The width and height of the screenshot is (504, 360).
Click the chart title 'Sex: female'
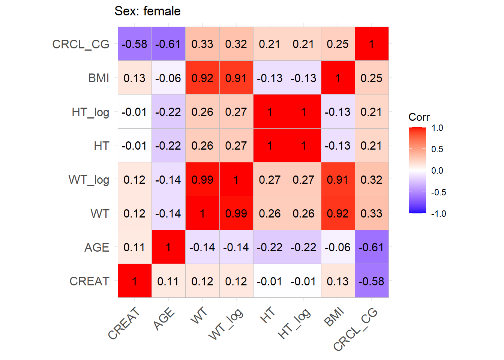(x=147, y=11)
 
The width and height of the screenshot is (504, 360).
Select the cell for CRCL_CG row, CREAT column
(x=135, y=44)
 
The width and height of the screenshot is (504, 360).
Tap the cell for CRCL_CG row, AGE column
(x=168, y=44)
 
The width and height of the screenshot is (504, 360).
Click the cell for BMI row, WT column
(x=202, y=78)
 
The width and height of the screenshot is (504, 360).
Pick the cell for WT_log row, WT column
(x=202, y=179)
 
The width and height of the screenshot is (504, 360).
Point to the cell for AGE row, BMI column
(x=338, y=247)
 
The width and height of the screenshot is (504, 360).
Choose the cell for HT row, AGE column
(x=168, y=145)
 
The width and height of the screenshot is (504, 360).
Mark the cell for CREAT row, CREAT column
(x=135, y=281)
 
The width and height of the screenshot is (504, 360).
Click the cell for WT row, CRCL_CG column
(x=372, y=213)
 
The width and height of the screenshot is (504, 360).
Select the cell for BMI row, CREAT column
(x=135, y=78)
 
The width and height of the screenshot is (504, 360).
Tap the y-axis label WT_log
(x=89, y=180)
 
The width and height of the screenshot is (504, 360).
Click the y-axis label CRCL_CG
(x=81, y=44)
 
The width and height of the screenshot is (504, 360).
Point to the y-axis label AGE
(x=97, y=247)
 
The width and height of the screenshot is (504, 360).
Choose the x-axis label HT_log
(x=295, y=323)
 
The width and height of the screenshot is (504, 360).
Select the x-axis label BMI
(x=334, y=316)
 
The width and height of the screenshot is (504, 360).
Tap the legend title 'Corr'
(x=419, y=117)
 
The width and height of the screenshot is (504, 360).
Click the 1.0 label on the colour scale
(x=437, y=128)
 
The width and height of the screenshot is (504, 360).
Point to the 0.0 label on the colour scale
(x=437, y=171)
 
